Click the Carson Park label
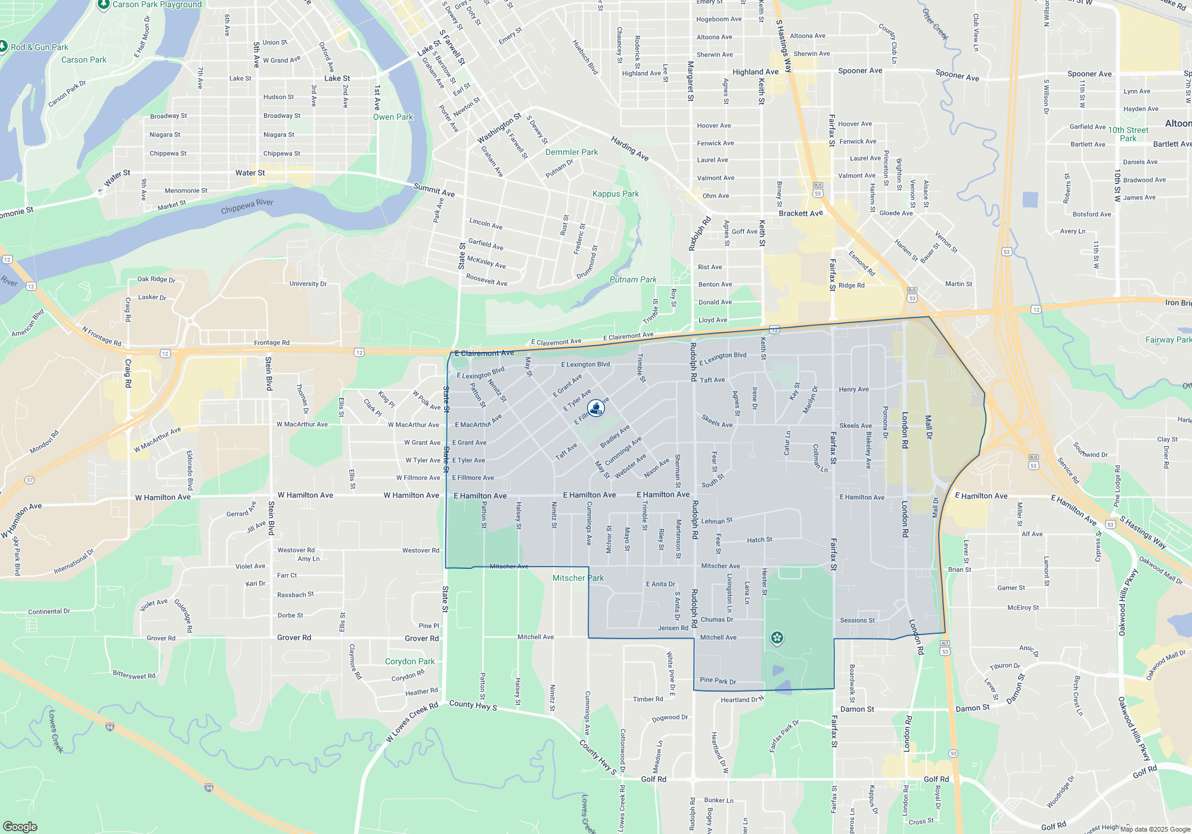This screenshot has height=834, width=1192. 83,60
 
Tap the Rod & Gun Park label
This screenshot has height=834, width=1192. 39,47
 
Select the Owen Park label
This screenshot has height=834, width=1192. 393,117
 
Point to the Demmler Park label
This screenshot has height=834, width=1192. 572,152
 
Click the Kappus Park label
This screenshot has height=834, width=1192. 615,194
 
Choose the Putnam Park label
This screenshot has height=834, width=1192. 633,279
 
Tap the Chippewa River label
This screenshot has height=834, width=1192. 247,206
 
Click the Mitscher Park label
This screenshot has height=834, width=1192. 578,578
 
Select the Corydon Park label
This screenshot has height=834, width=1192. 409,661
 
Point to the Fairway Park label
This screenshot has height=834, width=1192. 1168,340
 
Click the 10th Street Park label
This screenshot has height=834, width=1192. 1128,134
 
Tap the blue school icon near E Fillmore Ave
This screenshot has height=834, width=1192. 595,408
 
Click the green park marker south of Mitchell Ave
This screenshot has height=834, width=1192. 777,639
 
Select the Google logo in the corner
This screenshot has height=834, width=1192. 20,826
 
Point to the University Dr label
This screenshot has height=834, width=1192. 308,284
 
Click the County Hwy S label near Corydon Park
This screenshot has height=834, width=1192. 473,705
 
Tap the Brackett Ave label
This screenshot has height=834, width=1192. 800,213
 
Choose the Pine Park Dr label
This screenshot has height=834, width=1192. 718,680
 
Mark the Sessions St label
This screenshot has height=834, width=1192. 857,620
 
